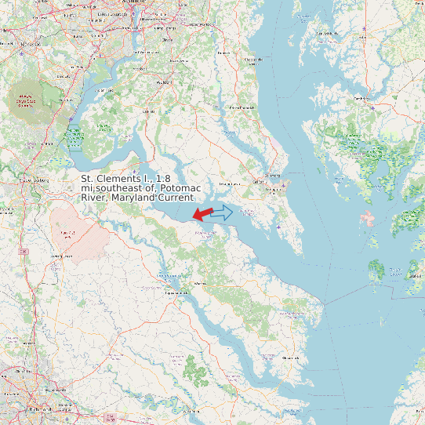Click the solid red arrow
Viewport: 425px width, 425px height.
(x=202, y=213)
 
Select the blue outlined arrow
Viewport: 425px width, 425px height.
(x=223, y=212)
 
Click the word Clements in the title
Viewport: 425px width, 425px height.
(x=123, y=180)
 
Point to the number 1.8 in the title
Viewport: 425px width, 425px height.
(x=163, y=180)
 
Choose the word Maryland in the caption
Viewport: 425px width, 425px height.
(x=132, y=198)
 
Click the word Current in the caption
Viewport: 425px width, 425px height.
(x=176, y=198)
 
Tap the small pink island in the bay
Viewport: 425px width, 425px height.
(x=367, y=218)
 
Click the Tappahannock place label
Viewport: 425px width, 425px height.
(x=176, y=292)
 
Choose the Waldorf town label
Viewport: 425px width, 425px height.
(x=164, y=82)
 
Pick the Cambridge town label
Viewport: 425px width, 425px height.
(x=361, y=99)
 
